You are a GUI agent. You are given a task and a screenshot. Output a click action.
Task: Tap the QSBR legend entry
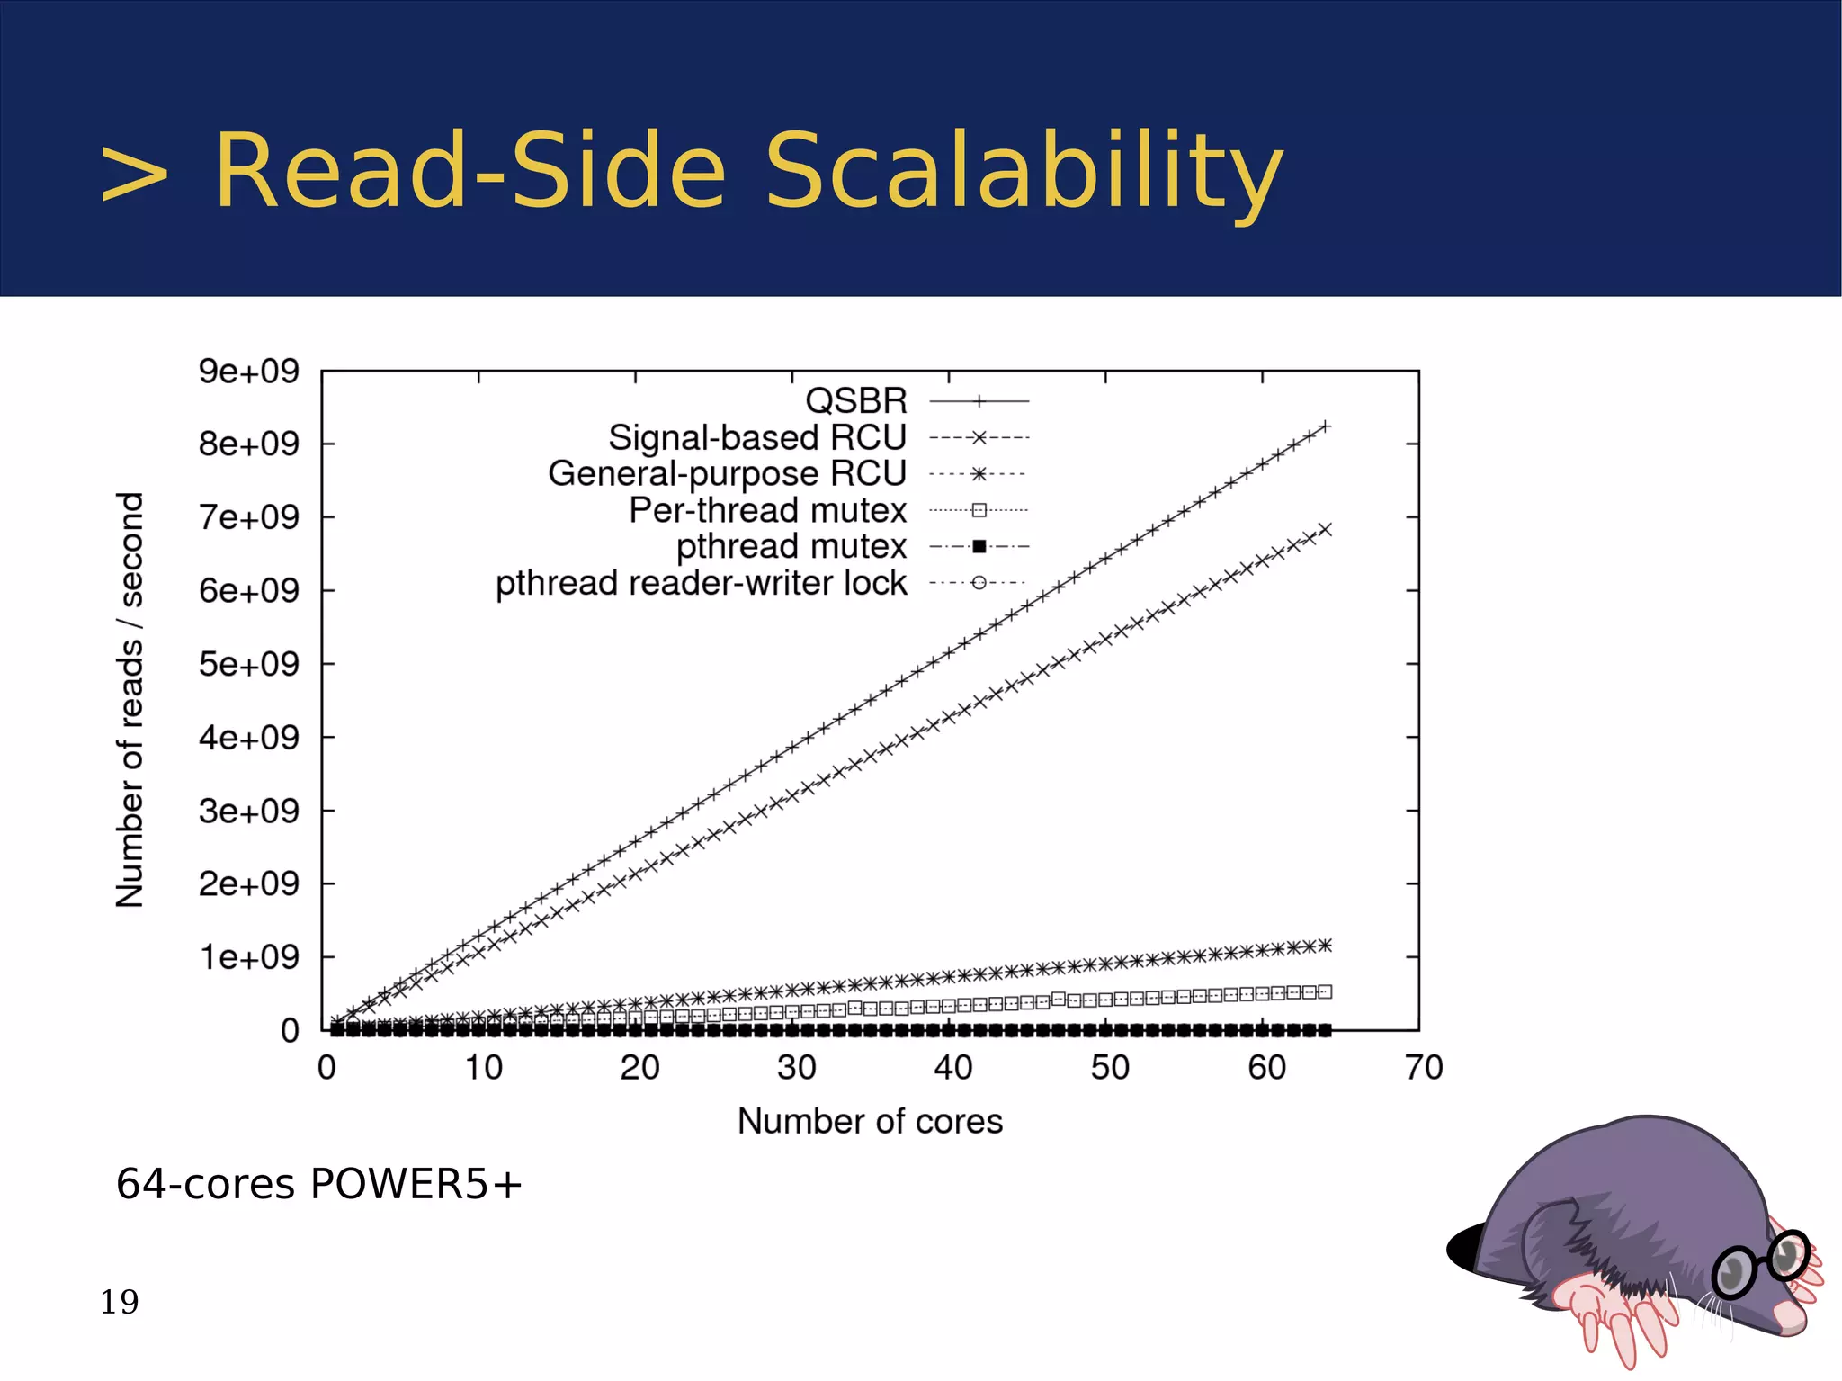point(856,400)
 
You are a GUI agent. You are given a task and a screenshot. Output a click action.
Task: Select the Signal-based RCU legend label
point(757,437)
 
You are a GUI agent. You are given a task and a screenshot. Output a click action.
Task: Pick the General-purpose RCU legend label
point(727,473)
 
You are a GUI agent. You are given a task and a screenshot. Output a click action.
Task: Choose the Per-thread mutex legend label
point(767,510)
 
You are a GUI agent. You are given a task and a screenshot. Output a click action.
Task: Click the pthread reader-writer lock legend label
point(701,583)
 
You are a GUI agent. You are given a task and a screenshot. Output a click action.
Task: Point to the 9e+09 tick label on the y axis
point(248,371)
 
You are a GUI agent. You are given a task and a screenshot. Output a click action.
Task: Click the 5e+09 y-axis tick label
point(248,664)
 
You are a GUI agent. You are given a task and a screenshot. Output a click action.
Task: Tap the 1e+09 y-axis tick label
point(248,957)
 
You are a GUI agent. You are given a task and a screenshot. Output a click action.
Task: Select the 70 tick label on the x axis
point(1424,1068)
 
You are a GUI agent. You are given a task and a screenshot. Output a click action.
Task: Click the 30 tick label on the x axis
point(796,1068)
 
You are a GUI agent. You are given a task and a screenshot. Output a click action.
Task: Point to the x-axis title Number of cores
point(870,1122)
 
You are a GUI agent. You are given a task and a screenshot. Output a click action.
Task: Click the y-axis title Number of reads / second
point(130,699)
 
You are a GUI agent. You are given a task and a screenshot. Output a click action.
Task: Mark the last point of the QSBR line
point(1325,426)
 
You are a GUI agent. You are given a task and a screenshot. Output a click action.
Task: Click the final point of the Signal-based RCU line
point(1325,529)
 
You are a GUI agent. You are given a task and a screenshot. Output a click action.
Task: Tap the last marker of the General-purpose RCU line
point(1325,945)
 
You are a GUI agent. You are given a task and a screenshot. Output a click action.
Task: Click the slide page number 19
point(120,1302)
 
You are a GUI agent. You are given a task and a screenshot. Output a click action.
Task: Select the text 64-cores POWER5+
point(318,1184)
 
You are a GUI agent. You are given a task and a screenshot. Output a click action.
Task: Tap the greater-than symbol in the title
point(134,173)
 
